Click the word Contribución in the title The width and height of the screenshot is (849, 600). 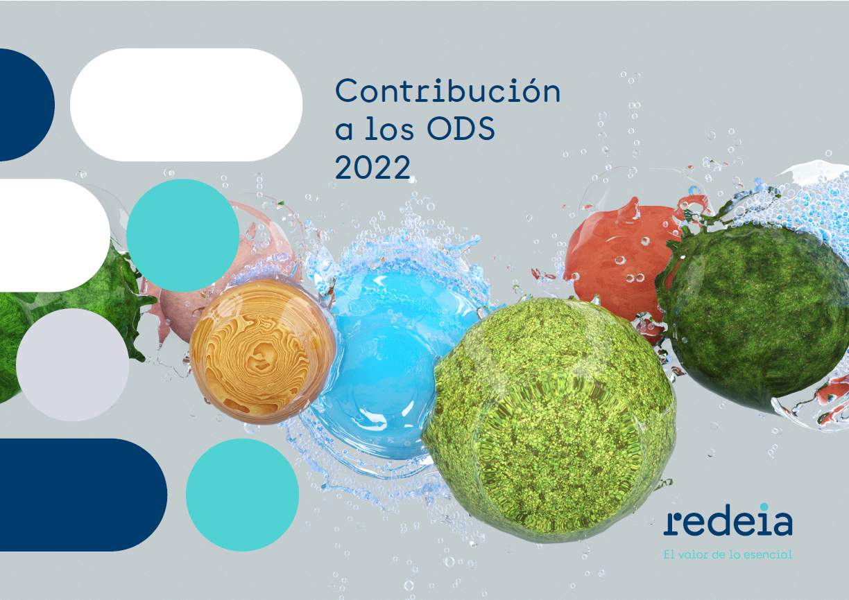[447, 91]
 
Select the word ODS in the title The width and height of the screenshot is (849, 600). [461, 128]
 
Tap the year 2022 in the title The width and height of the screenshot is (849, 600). [372, 166]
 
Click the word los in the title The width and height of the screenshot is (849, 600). [389, 128]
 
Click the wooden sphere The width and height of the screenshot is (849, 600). [262, 352]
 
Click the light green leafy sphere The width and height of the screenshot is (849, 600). [549, 420]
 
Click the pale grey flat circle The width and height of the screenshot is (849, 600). [72, 365]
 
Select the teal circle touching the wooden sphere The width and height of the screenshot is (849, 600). [182, 236]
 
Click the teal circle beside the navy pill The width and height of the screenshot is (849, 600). [242, 495]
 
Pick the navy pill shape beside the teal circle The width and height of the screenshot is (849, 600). [83, 495]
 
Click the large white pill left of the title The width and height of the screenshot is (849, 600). [186, 105]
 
